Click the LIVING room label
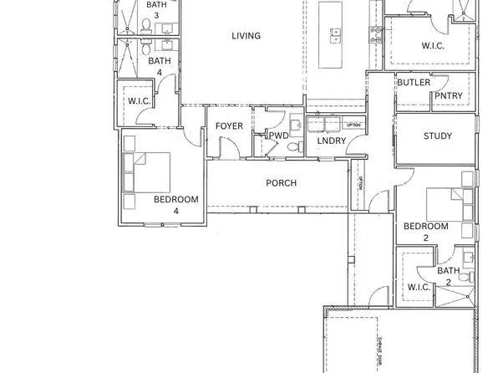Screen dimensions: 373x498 (x=246, y=36)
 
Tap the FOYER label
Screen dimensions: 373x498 (x=229, y=126)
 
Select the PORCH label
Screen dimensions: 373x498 (x=281, y=183)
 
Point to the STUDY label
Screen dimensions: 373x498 (x=437, y=136)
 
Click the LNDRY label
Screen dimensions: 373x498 (x=331, y=141)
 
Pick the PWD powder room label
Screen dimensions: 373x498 (x=278, y=135)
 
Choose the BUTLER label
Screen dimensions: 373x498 (x=414, y=83)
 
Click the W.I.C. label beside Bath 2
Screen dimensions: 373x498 (x=418, y=288)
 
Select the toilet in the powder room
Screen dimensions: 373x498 (x=293, y=146)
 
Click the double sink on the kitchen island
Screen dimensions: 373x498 (x=338, y=34)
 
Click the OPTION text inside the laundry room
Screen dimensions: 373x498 (x=353, y=125)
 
